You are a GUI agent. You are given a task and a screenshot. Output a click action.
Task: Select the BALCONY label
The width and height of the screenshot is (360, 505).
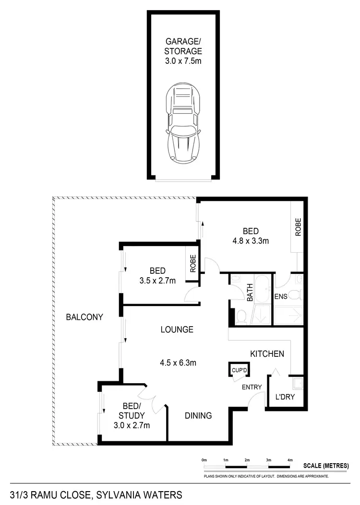[85, 317]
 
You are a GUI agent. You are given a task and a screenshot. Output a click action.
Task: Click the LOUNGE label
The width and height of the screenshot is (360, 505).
[177, 329]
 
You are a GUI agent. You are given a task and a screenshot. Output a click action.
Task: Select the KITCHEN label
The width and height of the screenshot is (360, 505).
[267, 354]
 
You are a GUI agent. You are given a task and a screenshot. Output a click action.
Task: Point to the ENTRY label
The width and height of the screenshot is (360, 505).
[252, 387]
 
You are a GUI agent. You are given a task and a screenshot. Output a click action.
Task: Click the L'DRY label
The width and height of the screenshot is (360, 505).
[285, 397]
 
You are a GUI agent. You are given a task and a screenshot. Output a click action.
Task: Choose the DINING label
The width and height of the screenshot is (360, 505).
[198, 416]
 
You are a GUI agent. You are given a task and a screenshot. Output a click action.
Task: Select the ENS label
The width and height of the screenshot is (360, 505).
[281, 296]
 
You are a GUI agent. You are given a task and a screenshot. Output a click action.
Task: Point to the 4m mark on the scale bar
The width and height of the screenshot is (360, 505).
[290, 460]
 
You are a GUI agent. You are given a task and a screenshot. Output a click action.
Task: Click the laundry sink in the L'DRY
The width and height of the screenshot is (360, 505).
[299, 382]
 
